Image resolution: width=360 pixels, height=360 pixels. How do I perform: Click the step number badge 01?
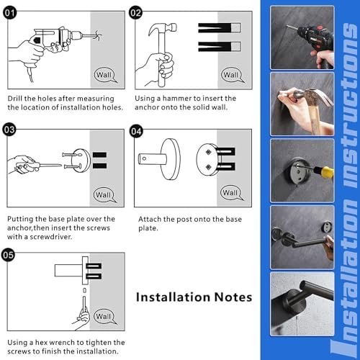point(10,13)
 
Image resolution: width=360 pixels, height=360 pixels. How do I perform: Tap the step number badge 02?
point(136,13)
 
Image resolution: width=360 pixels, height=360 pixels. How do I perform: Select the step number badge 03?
point(9,130)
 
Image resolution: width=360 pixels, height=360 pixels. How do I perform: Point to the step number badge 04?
point(136,131)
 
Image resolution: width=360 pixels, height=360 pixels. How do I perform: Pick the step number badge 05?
point(9,255)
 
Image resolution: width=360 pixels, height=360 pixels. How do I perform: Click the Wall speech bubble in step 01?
point(104,75)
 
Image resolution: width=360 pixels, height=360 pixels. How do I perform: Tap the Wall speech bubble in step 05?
point(104,316)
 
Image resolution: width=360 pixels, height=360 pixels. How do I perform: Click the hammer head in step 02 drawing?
point(162,28)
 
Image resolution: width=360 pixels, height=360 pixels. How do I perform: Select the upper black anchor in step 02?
point(219,28)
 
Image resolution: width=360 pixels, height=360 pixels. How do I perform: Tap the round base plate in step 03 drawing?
point(81,161)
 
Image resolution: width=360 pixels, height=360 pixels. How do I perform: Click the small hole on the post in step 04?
point(144,158)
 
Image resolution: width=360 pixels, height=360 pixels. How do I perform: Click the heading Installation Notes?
point(194,297)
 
